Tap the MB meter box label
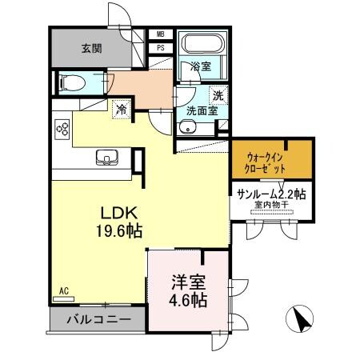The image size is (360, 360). (160, 34)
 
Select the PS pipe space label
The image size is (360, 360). (160, 47)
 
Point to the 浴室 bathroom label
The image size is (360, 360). (200, 67)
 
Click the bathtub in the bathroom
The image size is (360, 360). (203, 44)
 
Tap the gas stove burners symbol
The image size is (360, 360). (62, 129)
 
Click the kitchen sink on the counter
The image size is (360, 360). (106, 156)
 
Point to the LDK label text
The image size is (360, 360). (119, 214)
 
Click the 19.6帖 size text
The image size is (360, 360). (119, 232)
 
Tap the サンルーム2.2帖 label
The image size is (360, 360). (271, 194)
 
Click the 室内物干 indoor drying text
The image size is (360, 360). (270, 206)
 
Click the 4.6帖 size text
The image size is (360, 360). (189, 301)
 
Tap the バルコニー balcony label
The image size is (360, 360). (98, 319)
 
